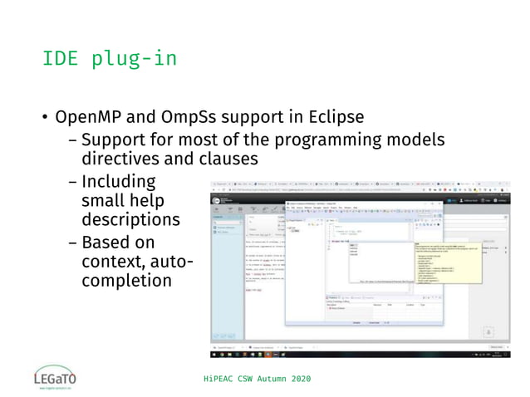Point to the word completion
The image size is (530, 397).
pos(126,282)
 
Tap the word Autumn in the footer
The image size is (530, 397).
pos(265,379)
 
